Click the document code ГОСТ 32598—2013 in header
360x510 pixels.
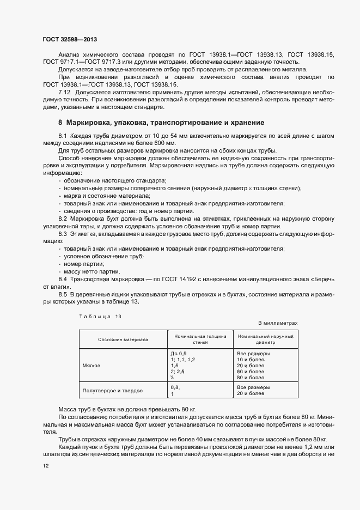point(69,39)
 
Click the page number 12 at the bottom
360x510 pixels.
point(45,467)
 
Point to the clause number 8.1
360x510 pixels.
point(63,135)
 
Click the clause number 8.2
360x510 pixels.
point(63,218)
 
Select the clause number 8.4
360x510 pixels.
point(63,279)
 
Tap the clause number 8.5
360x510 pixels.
point(63,294)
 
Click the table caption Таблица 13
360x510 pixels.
point(100,317)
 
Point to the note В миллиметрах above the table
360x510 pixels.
point(278,323)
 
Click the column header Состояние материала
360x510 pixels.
point(123,339)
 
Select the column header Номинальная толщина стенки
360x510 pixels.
point(200,339)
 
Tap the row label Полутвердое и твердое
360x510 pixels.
point(112,391)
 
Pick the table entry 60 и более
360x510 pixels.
point(251,372)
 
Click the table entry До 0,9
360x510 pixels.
point(179,354)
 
